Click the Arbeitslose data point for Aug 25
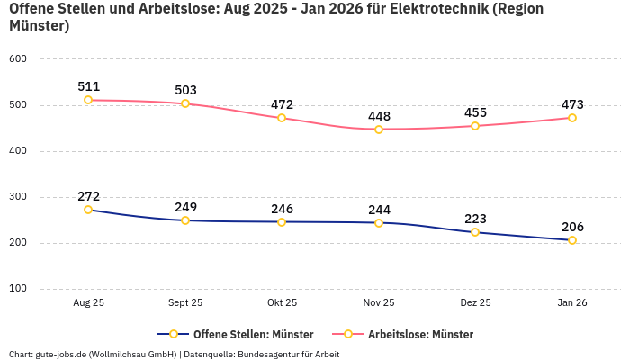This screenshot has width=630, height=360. (x=88, y=100)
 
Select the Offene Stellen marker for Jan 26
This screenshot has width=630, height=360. (x=572, y=240)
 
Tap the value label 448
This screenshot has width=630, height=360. (x=379, y=116)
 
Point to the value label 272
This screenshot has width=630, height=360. (x=88, y=196)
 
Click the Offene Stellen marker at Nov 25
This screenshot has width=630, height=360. (x=379, y=222)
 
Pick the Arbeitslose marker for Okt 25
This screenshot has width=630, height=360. (x=282, y=118)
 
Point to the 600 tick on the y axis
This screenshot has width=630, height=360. (x=18, y=59)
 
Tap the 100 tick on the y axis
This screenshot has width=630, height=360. (x=18, y=289)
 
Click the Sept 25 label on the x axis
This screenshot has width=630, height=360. (x=185, y=303)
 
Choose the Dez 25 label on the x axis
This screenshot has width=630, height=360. (x=475, y=303)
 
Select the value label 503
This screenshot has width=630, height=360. (x=185, y=90)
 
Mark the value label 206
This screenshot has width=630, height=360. (x=572, y=227)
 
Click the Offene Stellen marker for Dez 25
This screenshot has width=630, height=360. (x=475, y=232)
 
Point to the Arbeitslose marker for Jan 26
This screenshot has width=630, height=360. (x=572, y=118)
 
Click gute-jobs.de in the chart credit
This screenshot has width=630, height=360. (x=66, y=354)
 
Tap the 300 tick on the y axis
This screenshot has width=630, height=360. (x=18, y=197)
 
